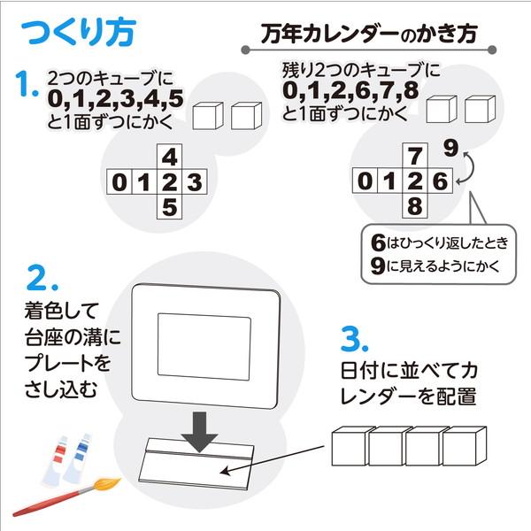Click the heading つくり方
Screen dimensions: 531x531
click(77, 35)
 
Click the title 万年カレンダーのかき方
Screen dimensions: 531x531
click(371, 35)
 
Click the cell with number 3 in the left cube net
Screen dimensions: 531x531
click(195, 184)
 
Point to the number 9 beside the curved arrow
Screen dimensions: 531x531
click(451, 148)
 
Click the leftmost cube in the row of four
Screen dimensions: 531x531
click(349, 448)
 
